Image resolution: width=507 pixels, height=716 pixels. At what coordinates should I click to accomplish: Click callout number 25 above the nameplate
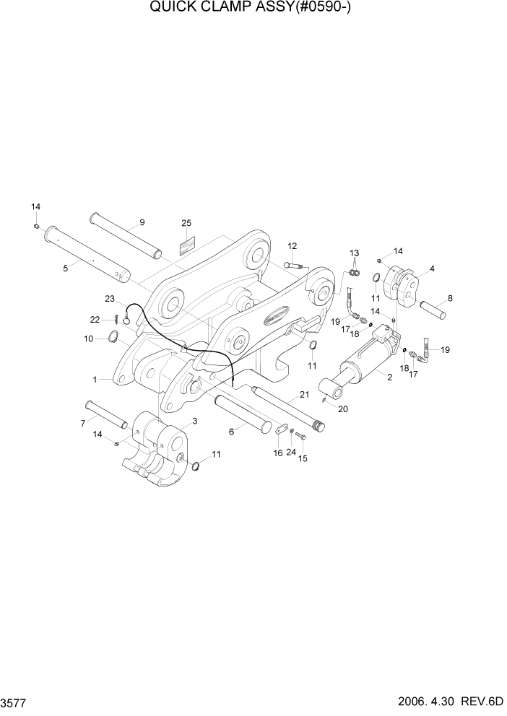pos(186,223)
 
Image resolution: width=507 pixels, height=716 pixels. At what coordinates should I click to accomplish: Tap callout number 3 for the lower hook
pos(194,420)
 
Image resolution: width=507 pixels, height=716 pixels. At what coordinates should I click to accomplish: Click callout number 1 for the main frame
pos(95,378)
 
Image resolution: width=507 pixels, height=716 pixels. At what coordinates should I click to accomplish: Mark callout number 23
pos(110,298)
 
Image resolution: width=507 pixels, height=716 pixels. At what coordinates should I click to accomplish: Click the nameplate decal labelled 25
pos(186,246)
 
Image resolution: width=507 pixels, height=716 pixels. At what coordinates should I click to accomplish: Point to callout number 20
pos(342,409)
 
